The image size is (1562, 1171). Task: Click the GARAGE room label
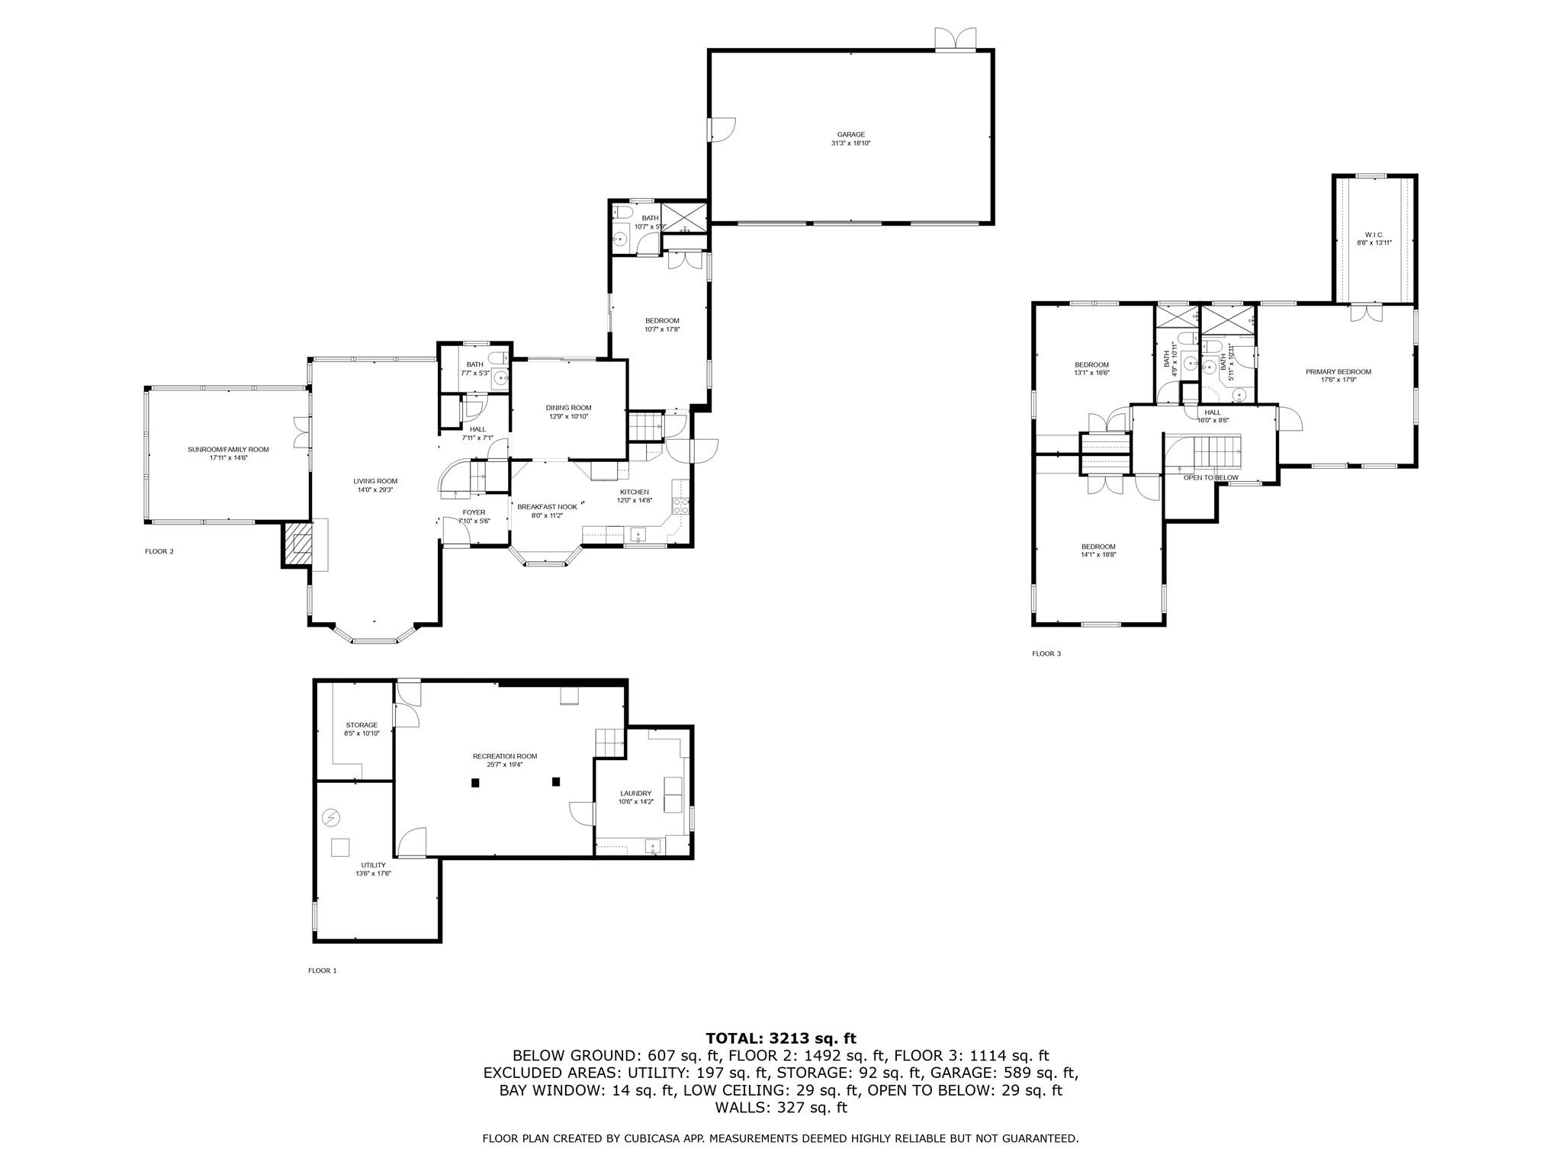point(850,135)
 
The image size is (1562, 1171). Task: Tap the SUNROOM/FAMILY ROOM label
point(228,450)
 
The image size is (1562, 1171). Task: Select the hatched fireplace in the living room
point(298,543)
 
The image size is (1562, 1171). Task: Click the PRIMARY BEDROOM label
point(1338,372)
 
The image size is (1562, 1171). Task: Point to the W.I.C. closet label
point(1374,234)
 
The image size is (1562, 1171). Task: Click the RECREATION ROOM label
point(504,756)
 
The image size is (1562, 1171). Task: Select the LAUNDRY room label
point(635,793)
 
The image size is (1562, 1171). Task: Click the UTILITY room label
point(373,865)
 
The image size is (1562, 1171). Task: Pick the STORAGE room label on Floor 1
point(361,725)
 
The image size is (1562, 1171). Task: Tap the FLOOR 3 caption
point(1046,653)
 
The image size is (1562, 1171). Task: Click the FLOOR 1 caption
point(322,970)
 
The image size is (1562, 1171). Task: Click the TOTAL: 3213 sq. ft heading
point(780,1038)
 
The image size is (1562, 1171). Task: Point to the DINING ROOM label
point(568,408)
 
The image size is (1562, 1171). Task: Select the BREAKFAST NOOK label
point(546,507)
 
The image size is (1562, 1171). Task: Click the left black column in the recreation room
point(475,782)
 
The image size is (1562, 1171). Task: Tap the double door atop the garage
point(956,40)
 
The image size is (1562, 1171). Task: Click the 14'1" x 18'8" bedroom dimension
point(1098,555)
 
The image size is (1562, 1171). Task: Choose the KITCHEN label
point(634,492)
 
